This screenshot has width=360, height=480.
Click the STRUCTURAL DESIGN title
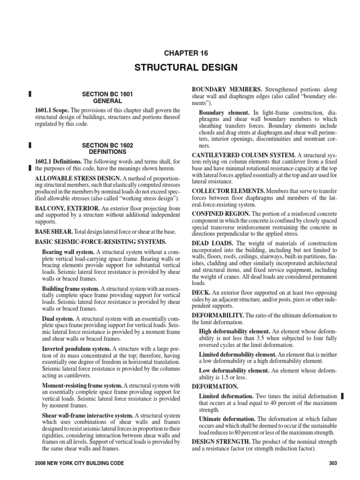186,68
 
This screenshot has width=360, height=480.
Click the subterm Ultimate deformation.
227,419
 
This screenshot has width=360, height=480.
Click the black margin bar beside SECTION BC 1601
30,94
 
